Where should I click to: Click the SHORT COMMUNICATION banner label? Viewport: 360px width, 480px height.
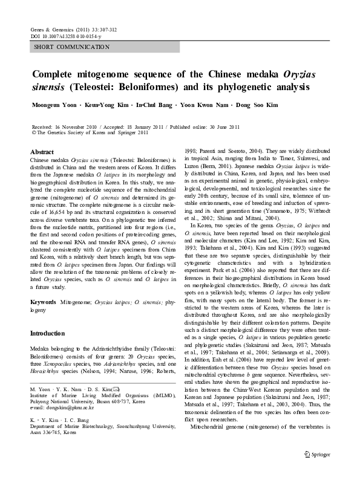[x=71, y=47]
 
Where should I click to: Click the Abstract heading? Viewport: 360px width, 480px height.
[x=42, y=152]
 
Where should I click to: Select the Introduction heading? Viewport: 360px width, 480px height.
[x=48, y=333]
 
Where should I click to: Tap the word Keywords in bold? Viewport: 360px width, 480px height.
[x=44, y=300]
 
